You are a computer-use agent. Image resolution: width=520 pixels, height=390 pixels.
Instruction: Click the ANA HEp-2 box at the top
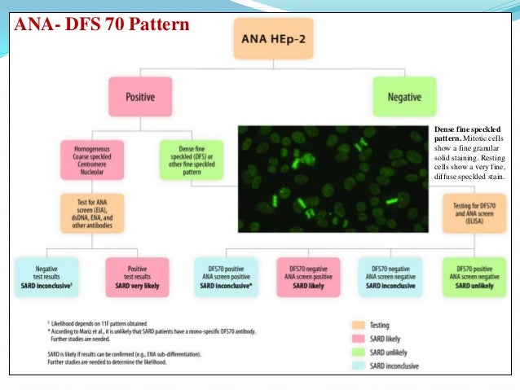tap(273, 38)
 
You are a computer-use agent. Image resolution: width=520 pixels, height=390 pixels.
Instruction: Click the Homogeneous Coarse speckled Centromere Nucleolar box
tap(91, 156)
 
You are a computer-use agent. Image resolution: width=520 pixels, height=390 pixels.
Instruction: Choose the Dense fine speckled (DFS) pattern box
tap(191, 156)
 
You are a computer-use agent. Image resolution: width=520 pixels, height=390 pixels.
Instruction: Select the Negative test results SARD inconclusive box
tap(46, 276)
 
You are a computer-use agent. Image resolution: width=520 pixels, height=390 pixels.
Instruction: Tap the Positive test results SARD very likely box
tap(137, 276)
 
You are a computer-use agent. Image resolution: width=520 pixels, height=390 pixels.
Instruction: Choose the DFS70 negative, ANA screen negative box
tap(390, 276)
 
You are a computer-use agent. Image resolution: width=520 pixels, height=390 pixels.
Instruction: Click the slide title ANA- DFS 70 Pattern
tap(102, 24)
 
